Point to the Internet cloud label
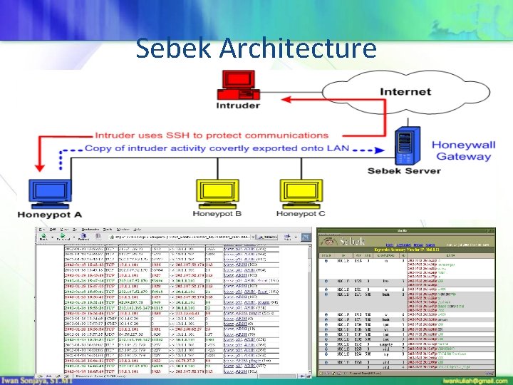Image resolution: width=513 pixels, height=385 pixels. pyautogui.click(x=405, y=91)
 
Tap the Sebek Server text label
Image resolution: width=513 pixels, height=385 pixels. pyautogui.click(x=404, y=170)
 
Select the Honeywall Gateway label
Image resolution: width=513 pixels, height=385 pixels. pyautogui.click(x=463, y=150)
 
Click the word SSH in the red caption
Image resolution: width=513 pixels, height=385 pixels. pyautogui.click(x=194, y=135)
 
